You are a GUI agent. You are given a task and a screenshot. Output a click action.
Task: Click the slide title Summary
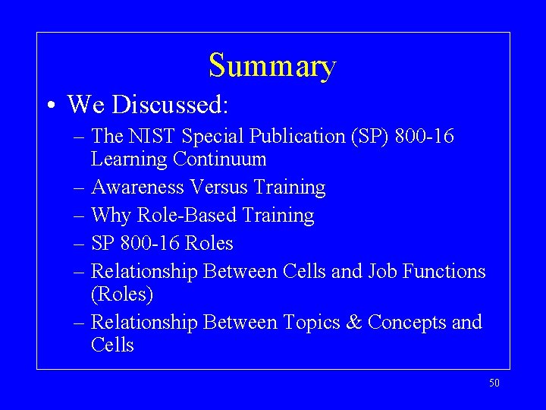click(272, 67)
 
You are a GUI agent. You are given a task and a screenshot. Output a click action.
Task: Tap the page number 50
click(494, 383)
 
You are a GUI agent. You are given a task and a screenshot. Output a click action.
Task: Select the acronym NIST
click(152, 137)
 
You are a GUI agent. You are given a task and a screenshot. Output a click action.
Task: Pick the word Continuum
click(219, 159)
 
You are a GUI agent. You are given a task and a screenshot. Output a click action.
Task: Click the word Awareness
click(137, 187)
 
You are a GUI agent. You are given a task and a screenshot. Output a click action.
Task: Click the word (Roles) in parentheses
click(122, 294)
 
